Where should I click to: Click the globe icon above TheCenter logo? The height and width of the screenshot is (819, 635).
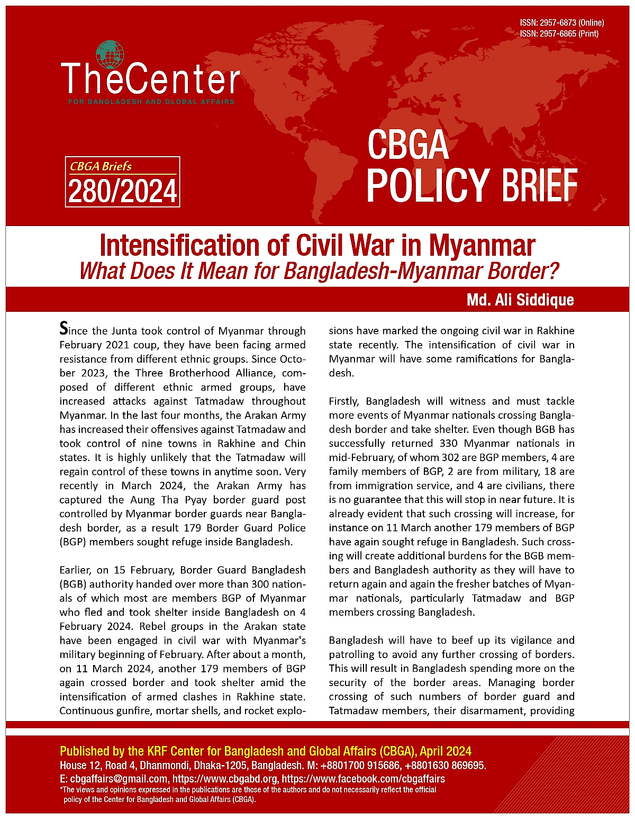click(110, 55)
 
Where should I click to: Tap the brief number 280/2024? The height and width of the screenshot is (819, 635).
click(122, 191)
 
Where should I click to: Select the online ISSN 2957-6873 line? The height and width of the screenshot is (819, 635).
click(561, 23)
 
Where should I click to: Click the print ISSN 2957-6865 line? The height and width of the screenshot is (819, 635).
click(559, 33)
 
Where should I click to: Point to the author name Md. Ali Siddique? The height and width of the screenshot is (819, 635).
click(520, 300)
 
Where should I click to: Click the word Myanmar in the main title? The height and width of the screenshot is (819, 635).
click(482, 246)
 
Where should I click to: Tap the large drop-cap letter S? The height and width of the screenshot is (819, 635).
click(63, 329)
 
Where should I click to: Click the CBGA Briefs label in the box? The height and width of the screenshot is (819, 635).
click(101, 166)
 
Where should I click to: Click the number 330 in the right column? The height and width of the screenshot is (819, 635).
click(449, 443)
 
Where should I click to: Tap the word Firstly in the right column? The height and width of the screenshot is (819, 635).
click(344, 401)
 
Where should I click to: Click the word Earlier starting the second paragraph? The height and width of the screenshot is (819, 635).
click(76, 570)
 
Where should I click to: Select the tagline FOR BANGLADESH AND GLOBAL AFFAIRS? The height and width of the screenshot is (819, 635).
click(151, 102)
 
